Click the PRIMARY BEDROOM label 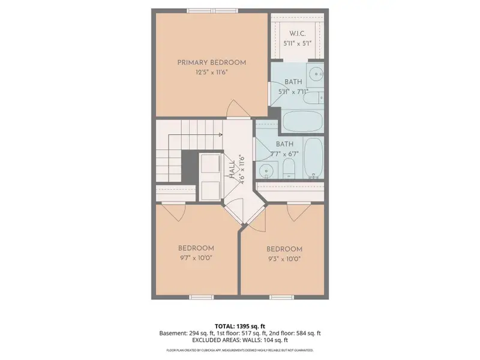[211, 62]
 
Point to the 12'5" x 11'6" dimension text [211, 72]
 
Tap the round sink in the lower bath [268, 172]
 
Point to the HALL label [232, 168]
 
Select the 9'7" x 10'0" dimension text [196, 258]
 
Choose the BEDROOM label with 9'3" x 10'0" [284, 249]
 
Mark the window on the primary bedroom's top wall [211, 10]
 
